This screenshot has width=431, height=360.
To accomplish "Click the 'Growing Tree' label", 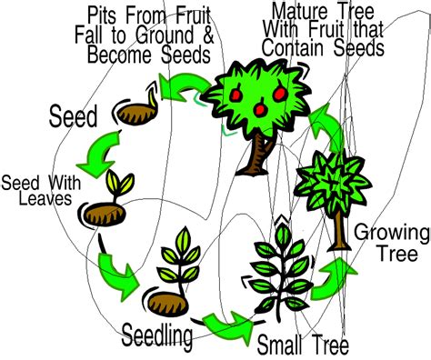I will coord(388,240).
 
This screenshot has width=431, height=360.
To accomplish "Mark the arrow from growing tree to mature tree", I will coord(325,127).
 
